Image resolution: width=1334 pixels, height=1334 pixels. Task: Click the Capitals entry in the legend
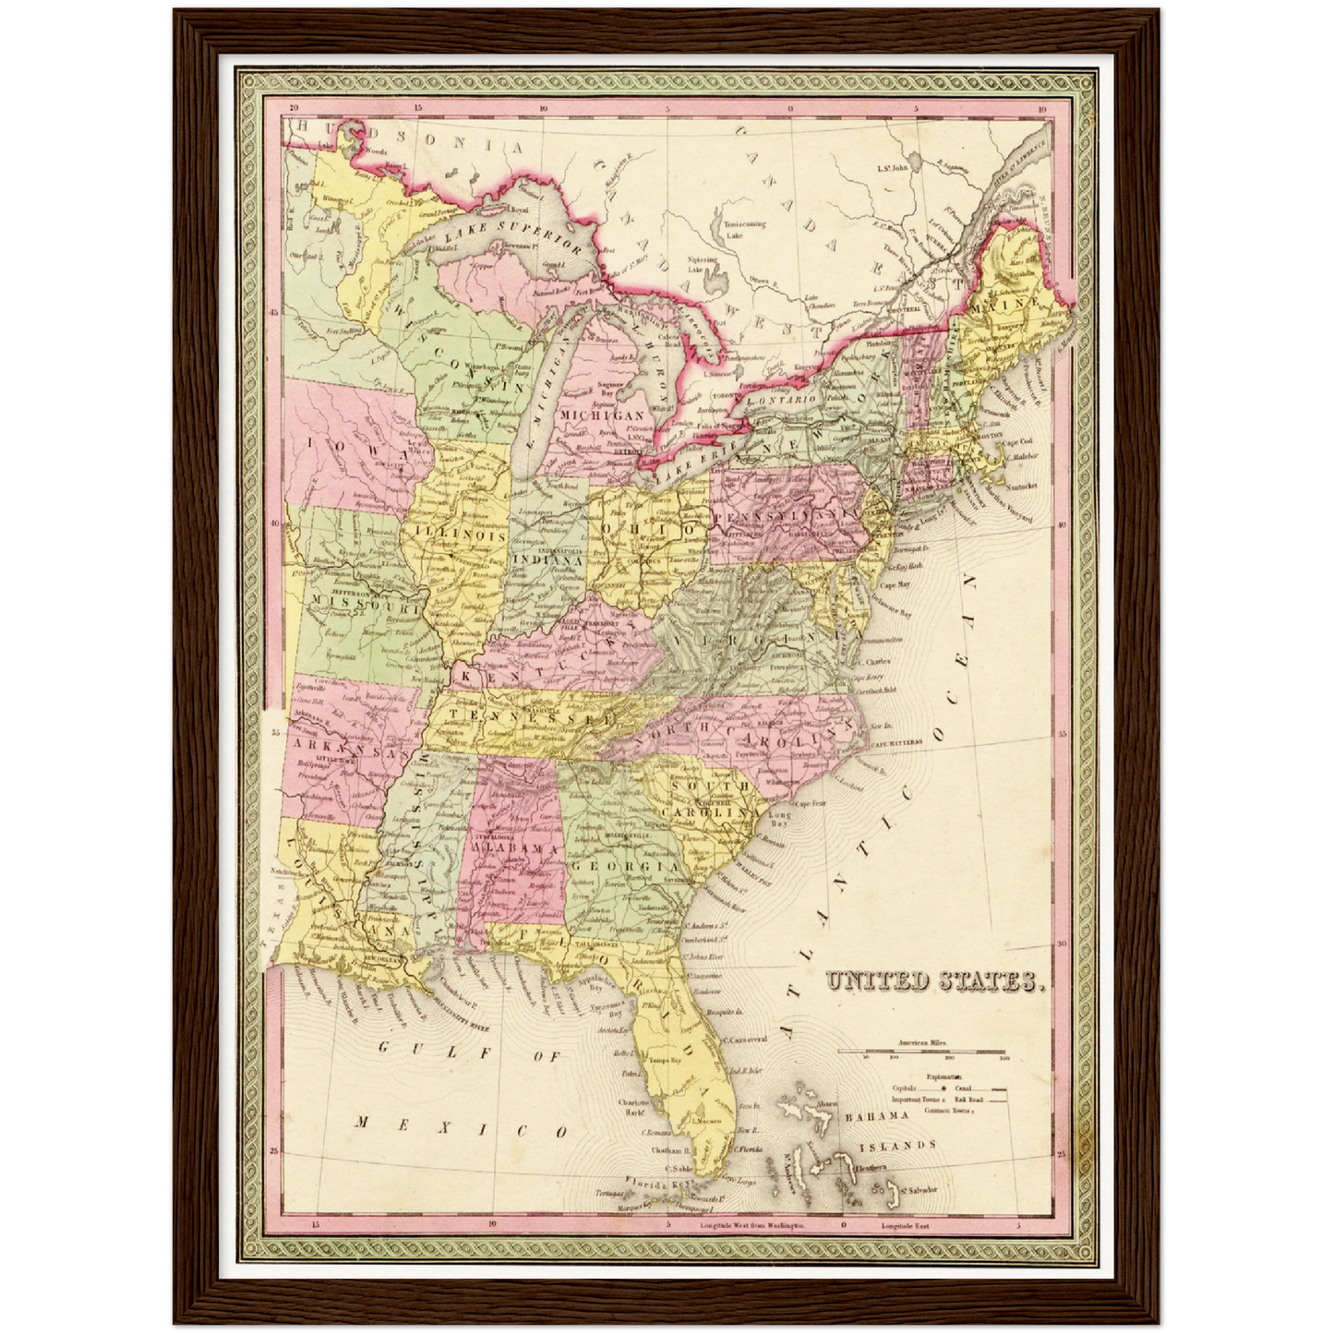pyautogui.click(x=906, y=1088)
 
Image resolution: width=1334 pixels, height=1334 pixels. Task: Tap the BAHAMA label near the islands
pyautogui.click(x=878, y=1115)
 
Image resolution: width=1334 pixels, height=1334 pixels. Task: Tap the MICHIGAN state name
pyautogui.click(x=603, y=415)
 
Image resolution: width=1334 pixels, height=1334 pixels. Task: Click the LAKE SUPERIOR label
pyautogui.click(x=512, y=234)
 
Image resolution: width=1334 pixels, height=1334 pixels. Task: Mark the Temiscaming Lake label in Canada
pyautogui.click(x=744, y=229)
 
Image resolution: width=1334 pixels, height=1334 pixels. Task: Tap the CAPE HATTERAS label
pyautogui.click(x=895, y=741)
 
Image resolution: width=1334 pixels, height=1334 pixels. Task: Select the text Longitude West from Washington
pyautogui.click(x=752, y=1226)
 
